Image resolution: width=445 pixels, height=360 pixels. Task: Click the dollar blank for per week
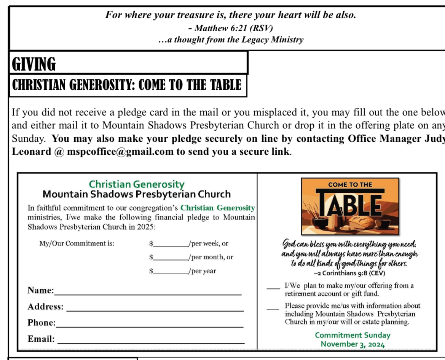pyautogui.click(x=170, y=246)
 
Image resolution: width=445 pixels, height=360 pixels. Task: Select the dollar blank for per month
pyautogui.click(x=170, y=259)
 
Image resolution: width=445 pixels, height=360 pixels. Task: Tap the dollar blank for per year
pyautogui.click(x=170, y=274)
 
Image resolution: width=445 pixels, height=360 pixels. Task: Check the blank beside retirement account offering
pyautogui.click(x=273, y=288)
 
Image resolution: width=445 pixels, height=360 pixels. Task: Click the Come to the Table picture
pyautogui.click(x=350, y=206)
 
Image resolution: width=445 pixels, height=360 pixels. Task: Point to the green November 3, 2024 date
pyautogui.click(x=352, y=344)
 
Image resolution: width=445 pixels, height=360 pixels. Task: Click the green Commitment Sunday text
pyautogui.click(x=352, y=335)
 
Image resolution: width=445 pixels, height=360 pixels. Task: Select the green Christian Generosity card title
pyautogui.click(x=137, y=184)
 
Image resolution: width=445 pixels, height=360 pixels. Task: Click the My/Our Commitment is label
pyautogui.click(x=77, y=243)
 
